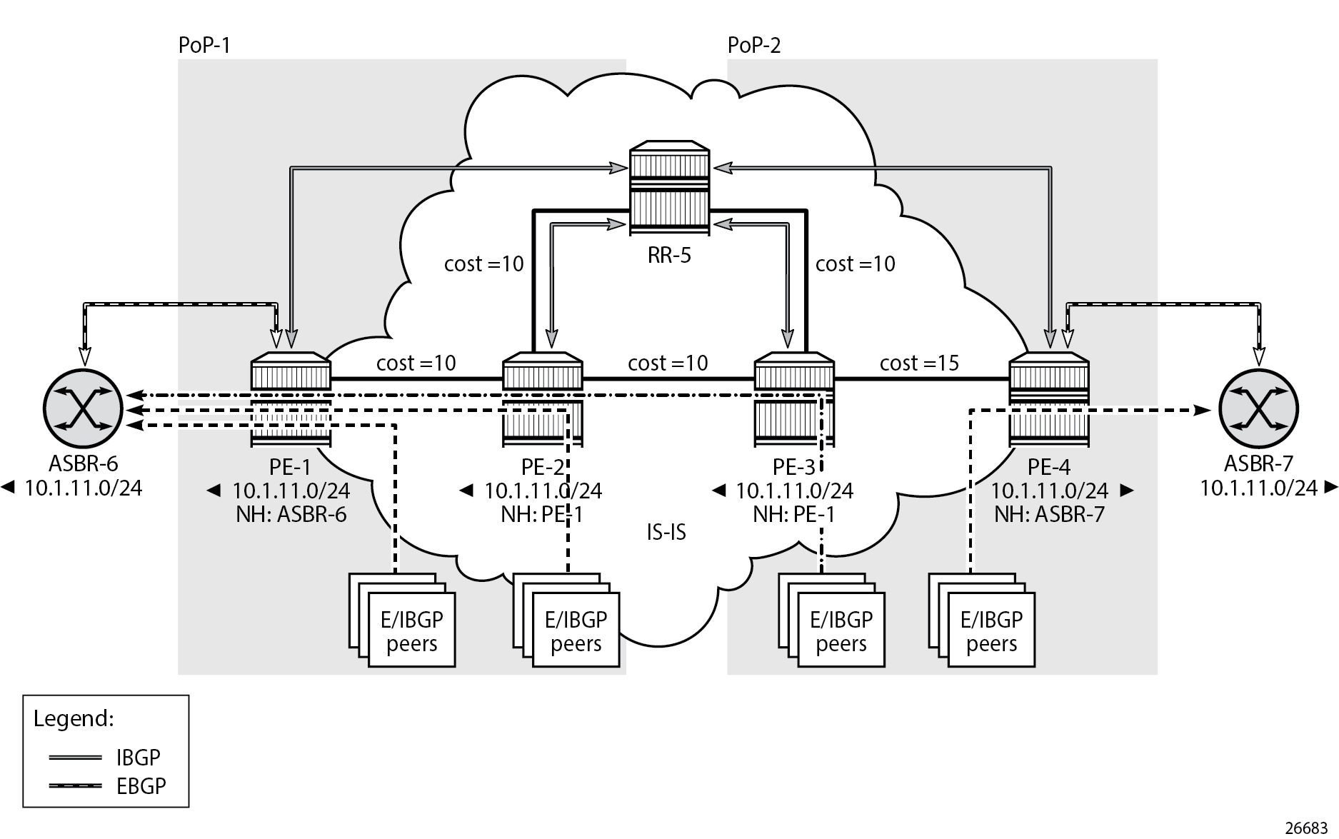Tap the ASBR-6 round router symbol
tap(84, 409)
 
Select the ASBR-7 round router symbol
tap(1258, 409)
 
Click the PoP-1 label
tap(204, 46)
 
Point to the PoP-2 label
tap(754, 46)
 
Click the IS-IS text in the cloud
tap(666, 532)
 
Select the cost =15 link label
tap(919, 363)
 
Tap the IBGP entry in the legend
tap(138, 757)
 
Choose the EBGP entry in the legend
tap(141, 786)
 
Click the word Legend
tap(74, 718)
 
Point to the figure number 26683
tap(1306, 828)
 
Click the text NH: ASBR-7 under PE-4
tap(1049, 514)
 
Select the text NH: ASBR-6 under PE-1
tap(291, 514)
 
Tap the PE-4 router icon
tap(1049, 400)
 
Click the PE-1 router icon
tap(291, 400)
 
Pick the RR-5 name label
tap(669, 255)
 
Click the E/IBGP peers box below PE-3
tap(841, 630)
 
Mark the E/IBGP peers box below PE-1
tap(411, 630)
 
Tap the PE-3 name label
tap(793, 467)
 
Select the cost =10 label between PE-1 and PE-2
tap(416, 363)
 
